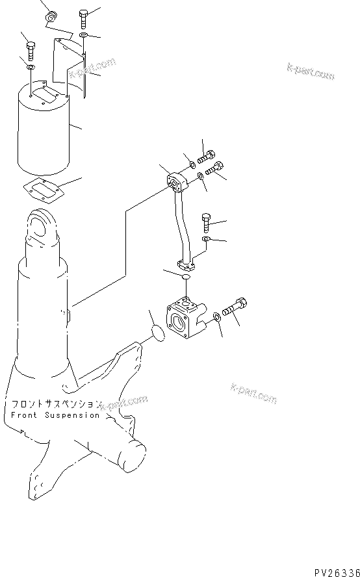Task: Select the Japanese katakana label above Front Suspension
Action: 55,404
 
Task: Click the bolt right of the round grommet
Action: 84,16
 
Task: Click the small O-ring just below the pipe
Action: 185,278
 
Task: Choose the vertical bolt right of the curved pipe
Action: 207,222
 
